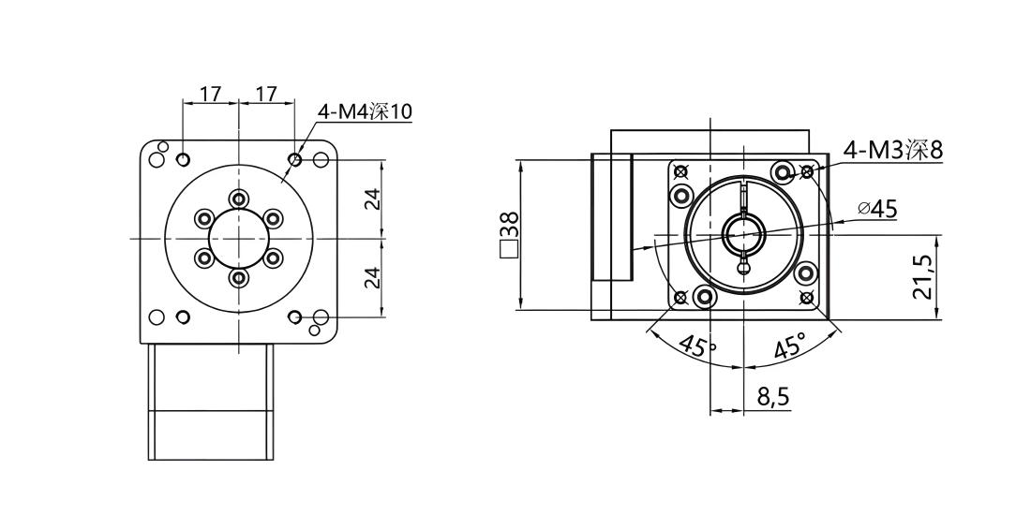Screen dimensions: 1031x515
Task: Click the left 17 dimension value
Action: point(210,94)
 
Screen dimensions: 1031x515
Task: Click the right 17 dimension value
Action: point(266,94)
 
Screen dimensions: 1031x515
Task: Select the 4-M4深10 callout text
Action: point(365,112)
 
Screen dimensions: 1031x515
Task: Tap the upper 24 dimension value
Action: point(372,199)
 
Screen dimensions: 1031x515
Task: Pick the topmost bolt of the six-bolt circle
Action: point(239,199)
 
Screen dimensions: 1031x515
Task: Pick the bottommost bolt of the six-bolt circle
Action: point(239,278)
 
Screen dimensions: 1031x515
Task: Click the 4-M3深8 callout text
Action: point(893,151)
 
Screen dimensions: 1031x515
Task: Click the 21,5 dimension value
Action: point(924,277)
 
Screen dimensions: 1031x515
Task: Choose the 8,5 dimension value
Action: point(772,397)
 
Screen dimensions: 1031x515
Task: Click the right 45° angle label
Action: point(789,344)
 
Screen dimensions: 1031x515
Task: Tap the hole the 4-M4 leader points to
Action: point(294,159)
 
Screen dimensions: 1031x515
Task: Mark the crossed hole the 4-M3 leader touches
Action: point(807,172)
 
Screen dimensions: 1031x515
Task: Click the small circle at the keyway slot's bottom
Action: point(743,266)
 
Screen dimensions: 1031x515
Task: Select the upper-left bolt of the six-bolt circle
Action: point(204,218)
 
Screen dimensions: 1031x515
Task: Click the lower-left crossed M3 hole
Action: point(680,298)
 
